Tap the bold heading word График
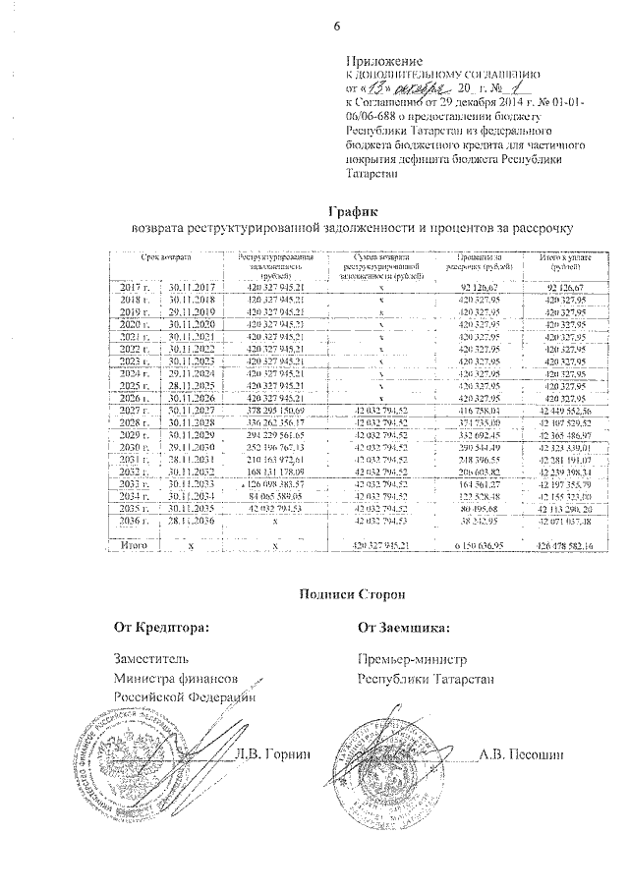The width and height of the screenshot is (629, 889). [352, 212]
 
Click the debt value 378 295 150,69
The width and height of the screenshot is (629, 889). [278, 411]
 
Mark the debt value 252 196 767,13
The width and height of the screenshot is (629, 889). [278, 448]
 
